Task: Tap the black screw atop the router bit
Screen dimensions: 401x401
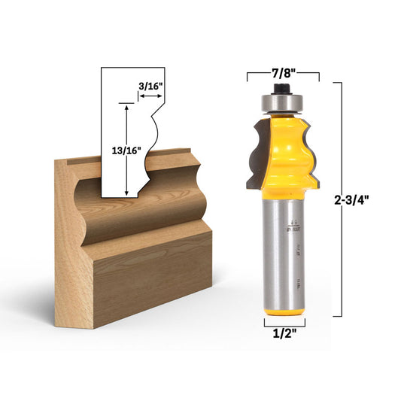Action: coord(284,88)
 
